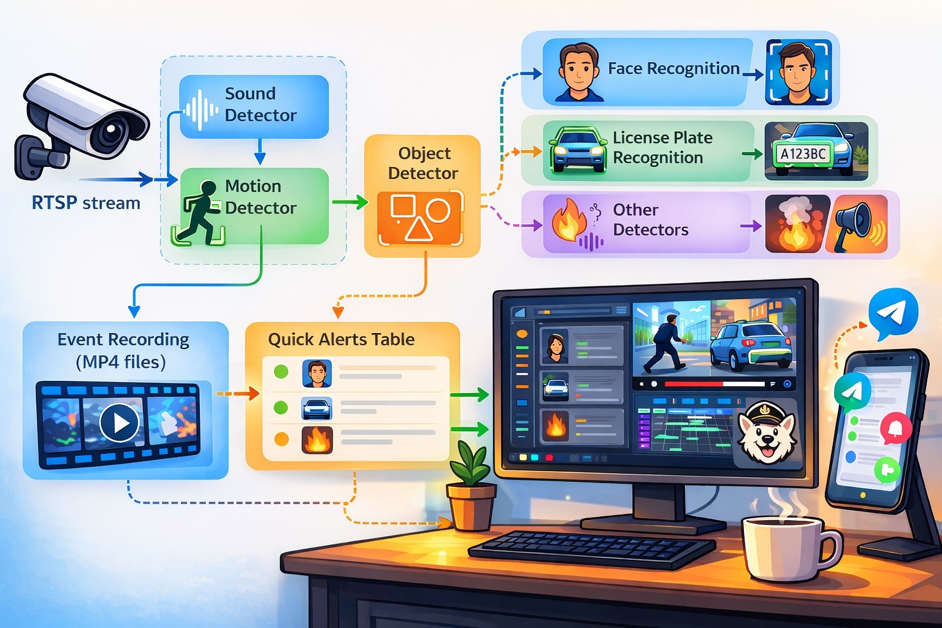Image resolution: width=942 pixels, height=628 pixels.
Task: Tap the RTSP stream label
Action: click(86, 203)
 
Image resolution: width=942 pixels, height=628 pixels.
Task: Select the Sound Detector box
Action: click(254, 106)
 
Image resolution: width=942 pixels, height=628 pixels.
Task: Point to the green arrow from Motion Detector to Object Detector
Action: click(349, 201)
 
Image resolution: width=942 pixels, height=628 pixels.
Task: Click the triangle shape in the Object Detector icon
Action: click(418, 229)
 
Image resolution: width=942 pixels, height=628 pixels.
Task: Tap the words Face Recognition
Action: click(673, 69)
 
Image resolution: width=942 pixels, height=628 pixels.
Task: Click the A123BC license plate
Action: click(803, 154)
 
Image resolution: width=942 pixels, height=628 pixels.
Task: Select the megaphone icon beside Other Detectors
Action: click(858, 224)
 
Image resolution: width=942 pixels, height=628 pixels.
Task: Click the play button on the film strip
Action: click(119, 423)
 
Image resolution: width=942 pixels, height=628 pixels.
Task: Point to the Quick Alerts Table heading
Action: click(341, 339)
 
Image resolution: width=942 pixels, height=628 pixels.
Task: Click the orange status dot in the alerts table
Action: click(281, 439)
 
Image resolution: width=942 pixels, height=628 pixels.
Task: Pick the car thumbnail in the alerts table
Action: click(317, 407)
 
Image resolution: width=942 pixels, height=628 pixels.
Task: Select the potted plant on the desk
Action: click(470, 491)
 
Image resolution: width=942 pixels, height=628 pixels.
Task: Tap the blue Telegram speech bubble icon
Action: click(893, 313)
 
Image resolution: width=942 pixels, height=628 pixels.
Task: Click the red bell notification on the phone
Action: click(896, 427)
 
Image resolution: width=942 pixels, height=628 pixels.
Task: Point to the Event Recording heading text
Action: click(123, 350)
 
